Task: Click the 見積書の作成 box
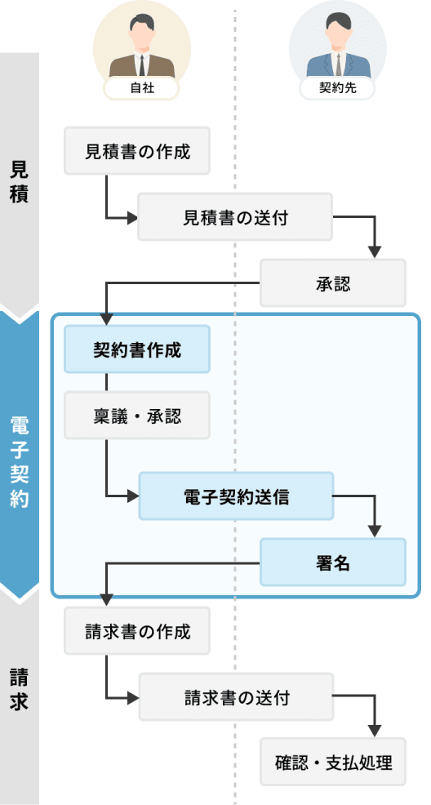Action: point(137,151)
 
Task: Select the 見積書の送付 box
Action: point(235,216)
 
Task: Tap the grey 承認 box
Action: point(333,282)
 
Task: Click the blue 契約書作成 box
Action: point(137,349)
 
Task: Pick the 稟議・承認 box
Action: point(137,415)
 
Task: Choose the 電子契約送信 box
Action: point(236,496)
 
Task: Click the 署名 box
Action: point(333,563)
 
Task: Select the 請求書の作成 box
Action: point(137,631)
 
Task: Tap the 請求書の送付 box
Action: point(236,696)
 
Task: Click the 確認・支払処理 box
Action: point(333,762)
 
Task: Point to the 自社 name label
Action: point(141,88)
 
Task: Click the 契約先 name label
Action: point(337,88)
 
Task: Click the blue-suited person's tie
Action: point(338,64)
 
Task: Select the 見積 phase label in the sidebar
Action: point(19,182)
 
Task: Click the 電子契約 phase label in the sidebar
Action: point(19,461)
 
